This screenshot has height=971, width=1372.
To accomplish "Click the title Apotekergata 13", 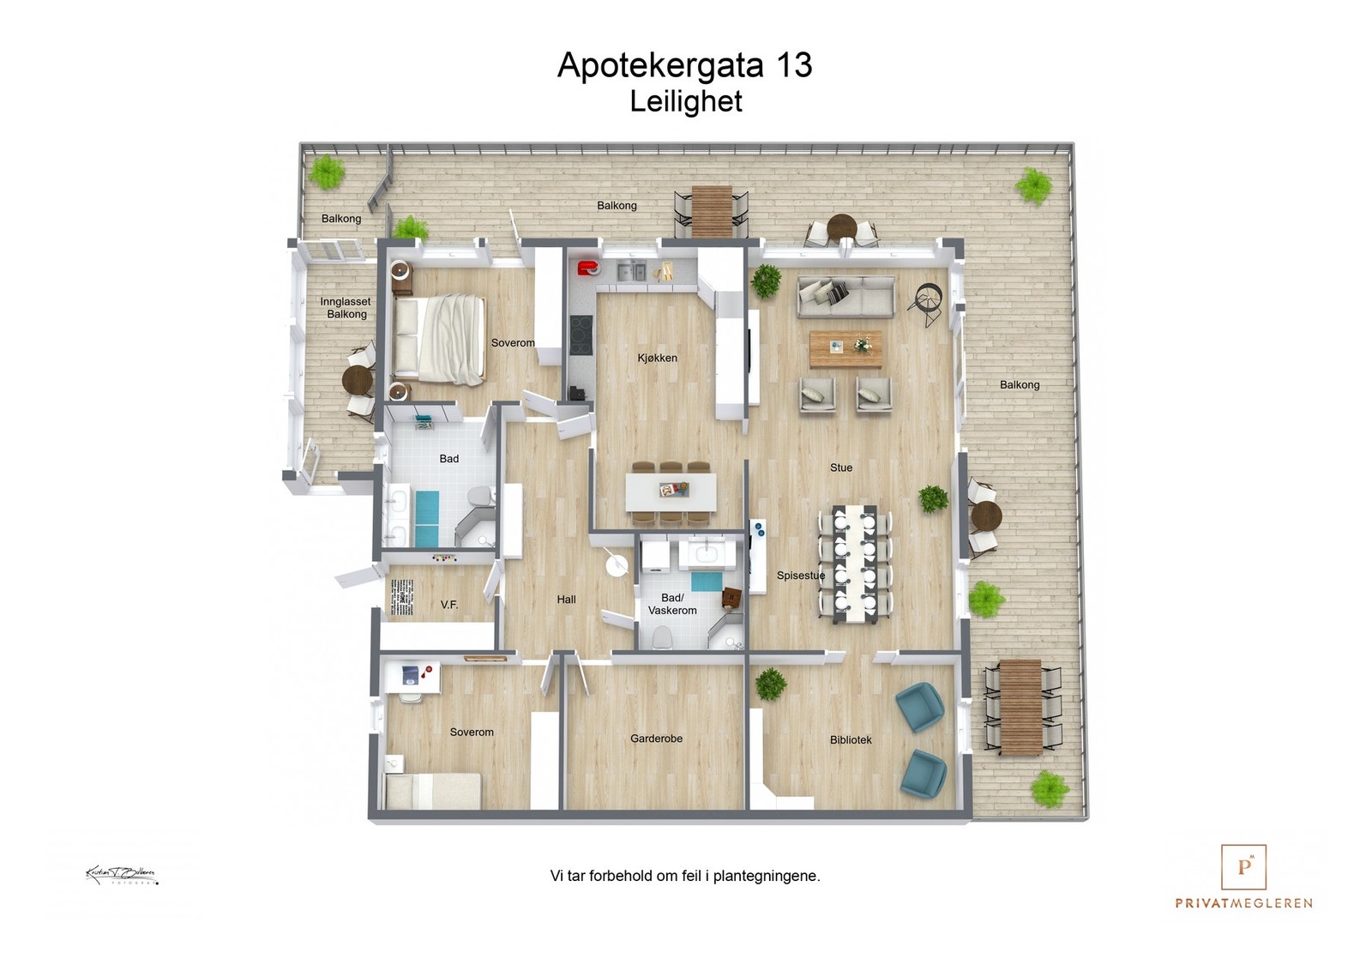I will pos(684,65).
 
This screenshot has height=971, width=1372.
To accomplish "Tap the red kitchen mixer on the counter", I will pos(588,268).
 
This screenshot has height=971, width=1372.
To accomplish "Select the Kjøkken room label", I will pos(657,358).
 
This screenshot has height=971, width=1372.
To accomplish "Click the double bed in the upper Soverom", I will pos(438,339).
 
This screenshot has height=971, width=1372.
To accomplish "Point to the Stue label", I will pos(840,467).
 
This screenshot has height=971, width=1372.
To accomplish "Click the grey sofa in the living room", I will pos(845,296).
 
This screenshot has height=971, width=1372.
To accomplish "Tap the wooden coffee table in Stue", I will pos(845,347).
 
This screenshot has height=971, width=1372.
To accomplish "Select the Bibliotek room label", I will pos(850,739).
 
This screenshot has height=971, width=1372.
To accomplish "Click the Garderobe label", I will pos(656,739).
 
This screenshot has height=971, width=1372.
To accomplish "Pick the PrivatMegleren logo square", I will pos(1243,866).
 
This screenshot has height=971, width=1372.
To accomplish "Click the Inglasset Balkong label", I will pos(346,308).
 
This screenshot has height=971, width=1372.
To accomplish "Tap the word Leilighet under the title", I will pos(685,101).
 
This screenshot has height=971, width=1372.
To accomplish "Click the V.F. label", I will pos(449,605).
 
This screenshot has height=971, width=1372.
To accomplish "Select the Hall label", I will pos(566,600).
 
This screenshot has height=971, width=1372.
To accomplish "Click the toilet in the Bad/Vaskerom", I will pos(662,636).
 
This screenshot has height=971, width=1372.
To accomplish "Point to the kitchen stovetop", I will pos(581,330).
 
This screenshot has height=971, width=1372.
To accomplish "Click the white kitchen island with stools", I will pos(671,492).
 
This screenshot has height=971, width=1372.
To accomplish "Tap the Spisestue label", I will pos(800,576).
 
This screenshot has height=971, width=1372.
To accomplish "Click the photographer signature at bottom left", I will pos(122,875).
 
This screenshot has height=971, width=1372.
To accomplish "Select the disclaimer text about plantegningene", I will pos(684,876).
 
